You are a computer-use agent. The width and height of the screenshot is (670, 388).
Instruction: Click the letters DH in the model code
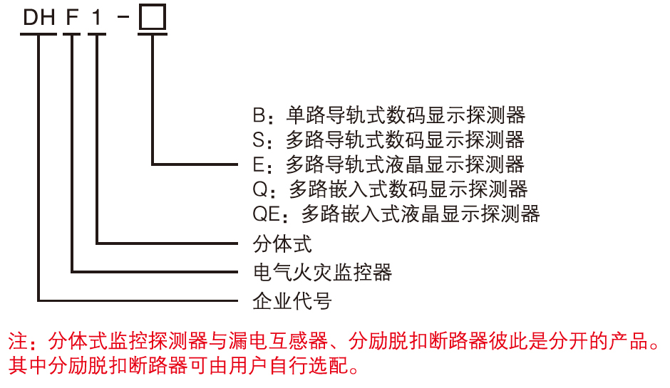click(x=39, y=18)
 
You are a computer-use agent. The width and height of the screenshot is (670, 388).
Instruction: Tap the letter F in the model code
click(x=72, y=18)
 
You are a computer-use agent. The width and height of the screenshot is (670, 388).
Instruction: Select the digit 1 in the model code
click(x=96, y=18)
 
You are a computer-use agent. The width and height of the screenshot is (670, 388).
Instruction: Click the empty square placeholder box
click(x=152, y=17)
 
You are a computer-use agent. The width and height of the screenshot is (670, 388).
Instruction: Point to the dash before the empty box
click(x=123, y=17)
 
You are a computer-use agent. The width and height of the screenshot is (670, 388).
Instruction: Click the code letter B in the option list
click(x=259, y=115)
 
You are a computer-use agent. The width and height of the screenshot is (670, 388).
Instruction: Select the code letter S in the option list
click(x=259, y=140)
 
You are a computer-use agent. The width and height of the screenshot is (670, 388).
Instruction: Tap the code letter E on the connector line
click(x=259, y=164)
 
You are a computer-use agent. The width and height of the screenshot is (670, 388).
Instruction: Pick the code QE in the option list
click(x=267, y=214)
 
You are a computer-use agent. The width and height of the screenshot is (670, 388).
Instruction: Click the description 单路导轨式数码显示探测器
click(x=406, y=115)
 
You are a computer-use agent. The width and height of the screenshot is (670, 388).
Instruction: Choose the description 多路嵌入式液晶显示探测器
click(x=421, y=214)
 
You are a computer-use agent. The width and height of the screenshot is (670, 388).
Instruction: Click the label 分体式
click(x=282, y=243)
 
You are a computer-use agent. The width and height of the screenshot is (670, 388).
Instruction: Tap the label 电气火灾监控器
click(x=323, y=272)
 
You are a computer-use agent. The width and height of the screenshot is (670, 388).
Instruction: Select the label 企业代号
click(x=292, y=301)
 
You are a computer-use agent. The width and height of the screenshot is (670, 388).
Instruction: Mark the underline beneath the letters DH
click(x=38, y=34)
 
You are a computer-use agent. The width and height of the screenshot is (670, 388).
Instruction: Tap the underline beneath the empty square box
click(x=152, y=34)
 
